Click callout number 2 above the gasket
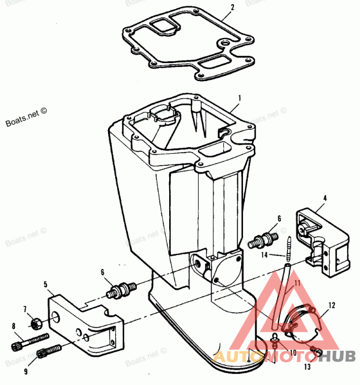click(x=232, y=7)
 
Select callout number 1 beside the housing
click(x=240, y=98)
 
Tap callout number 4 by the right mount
click(x=325, y=198)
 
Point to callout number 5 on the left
click(x=45, y=284)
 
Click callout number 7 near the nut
click(x=25, y=308)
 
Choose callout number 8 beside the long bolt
click(x=13, y=326)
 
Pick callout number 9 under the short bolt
click(x=26, y=371)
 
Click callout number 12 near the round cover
click(x=332, y=305)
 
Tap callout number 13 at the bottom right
click(x=307, y=367)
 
